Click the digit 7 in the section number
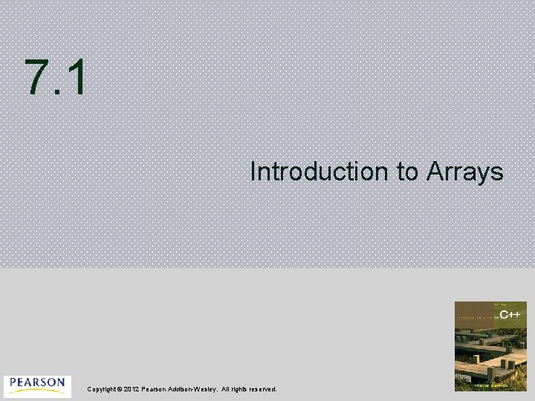pyautogui.click(x=37, y=78)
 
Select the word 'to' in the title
pyautogui.click(x=408, y=172)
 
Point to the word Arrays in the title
pyautogui.click(x=465, y=172)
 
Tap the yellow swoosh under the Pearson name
pyautogui.click(x=37, y=392)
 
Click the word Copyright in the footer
pyautogui.click(x=103, y=389)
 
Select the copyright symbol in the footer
pyautogui.click(x=121, y=389)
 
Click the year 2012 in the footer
pyautogui.click(x=132, y=389)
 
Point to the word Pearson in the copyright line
pyautogui.click(x=155, y=389)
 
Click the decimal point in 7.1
pyautogui.click(x=58, y=94)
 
